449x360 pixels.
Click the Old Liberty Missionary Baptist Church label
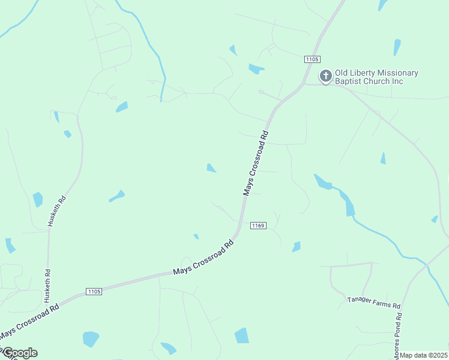pyautogui.click(x=376, y=77)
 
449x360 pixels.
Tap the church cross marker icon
pyautogui.click(x=325, y=76)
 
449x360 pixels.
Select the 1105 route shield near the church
pyautogui.click(x=312, y=59)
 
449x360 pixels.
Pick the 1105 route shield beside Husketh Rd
pyautogui.click(x=94, y=291)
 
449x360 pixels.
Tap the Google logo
pyautogui.click(x=19, y=353)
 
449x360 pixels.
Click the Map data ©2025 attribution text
pyautogui.click(x=424, y=355)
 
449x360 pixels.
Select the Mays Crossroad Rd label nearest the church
pyautogui.click(x=258, y=161)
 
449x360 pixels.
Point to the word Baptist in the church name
pyautogui.click(x=348, y=81)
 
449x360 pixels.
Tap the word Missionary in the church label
pyautogui.click(x=397, y=73)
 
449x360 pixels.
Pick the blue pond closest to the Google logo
pyautogui.click(x=91, y=339)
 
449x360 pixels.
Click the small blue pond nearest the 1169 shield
pyautogui.click(x=296, y=247)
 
